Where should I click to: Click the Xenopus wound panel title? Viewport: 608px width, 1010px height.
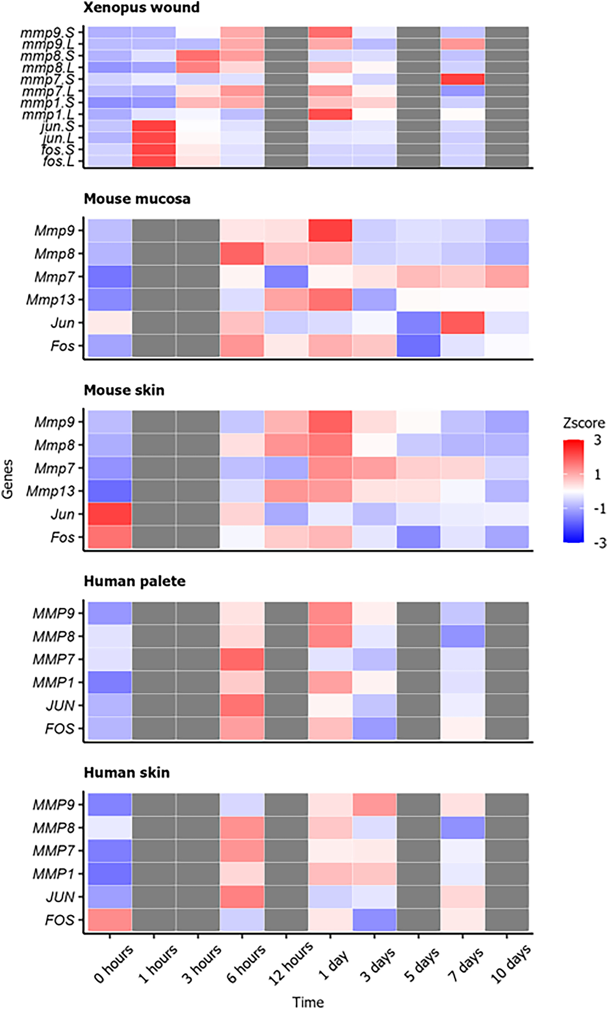(141, 7)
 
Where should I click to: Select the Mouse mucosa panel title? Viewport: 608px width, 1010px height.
(137, 199)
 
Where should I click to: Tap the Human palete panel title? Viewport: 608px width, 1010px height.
(134, 581)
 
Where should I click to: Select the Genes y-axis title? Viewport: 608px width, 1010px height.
(8, 479)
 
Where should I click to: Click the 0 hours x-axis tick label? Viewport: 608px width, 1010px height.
(114, 963)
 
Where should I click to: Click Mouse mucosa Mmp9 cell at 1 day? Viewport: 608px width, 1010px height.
(330, 230)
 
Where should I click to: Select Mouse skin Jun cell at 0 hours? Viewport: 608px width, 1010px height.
(110, 514)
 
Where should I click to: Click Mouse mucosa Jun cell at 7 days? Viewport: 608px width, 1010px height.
(463, 322)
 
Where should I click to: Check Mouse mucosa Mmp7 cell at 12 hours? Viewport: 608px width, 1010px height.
(286, 277)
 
